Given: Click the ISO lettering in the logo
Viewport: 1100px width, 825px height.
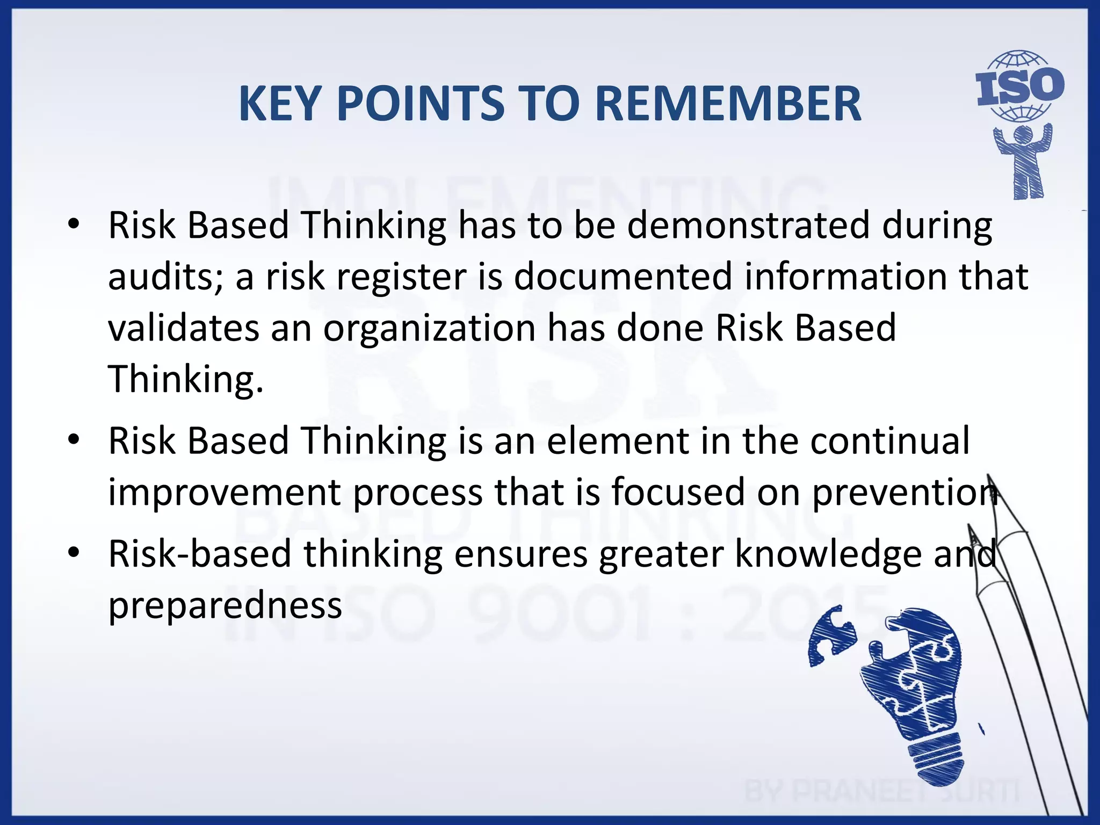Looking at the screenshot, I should [x=1019, y=86].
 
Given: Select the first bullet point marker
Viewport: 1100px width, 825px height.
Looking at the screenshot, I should [x=74, y=224].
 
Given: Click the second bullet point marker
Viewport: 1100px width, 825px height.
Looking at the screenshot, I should [x=74, y=440].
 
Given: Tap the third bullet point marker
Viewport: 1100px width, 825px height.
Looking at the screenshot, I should [x=74, y=553].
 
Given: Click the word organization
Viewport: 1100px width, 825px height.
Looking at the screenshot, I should [x=429, y=328].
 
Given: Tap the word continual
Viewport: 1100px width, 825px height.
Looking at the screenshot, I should [x=890, y=440].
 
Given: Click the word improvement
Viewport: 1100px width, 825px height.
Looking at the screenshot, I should [x=225, y=492].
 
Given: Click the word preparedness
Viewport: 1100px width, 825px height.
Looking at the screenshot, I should [x=225, y=605].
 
